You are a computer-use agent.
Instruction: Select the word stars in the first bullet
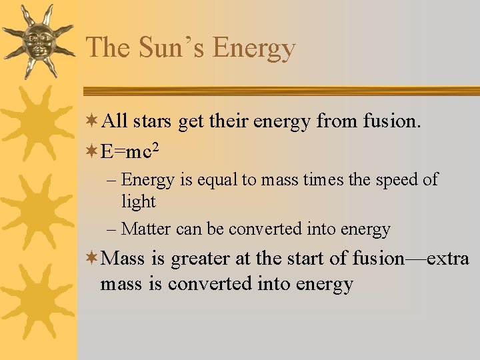point(151,121)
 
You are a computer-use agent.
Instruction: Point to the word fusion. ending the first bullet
point(391,121)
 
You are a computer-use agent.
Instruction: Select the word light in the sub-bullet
point(138,201)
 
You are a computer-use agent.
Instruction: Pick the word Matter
point(147,229)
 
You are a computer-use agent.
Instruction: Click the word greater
point(199,258)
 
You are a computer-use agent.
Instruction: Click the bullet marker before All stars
point(93,121)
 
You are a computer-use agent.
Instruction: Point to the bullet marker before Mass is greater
point(93,257)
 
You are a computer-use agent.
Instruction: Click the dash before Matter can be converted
point(111,229)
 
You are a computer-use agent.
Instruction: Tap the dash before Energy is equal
point(111,179)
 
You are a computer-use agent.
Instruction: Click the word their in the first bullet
point(210,121)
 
